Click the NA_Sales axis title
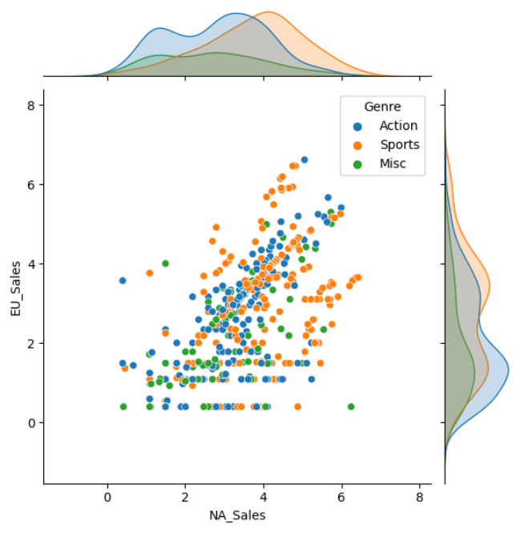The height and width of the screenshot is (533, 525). [237, 515]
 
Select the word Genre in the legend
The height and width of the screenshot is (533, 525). [382, 106]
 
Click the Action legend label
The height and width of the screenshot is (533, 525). [398, 125]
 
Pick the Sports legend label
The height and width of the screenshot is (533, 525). [399, 144]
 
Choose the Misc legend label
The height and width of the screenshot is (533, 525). [393, 164]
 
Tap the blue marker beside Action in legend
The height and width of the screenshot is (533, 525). [357, 125]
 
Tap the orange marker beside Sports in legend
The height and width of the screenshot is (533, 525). [357, 144]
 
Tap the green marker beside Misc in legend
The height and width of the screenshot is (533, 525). [357, 164]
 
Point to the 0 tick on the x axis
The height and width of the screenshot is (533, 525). [107, 497]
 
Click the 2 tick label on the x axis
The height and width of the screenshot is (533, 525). [185, 497]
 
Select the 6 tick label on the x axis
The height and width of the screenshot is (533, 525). [341, 497]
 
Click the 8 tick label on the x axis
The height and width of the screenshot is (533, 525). [419, 497]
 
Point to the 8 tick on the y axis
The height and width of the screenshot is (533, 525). [31, 105]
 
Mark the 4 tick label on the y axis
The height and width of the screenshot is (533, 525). [31, 264]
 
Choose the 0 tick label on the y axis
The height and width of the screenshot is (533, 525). [31, 422]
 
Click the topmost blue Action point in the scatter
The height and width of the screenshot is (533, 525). [305, 160]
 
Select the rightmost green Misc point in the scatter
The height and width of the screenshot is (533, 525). [351, 406]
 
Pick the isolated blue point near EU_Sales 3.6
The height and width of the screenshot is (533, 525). [123, 281]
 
